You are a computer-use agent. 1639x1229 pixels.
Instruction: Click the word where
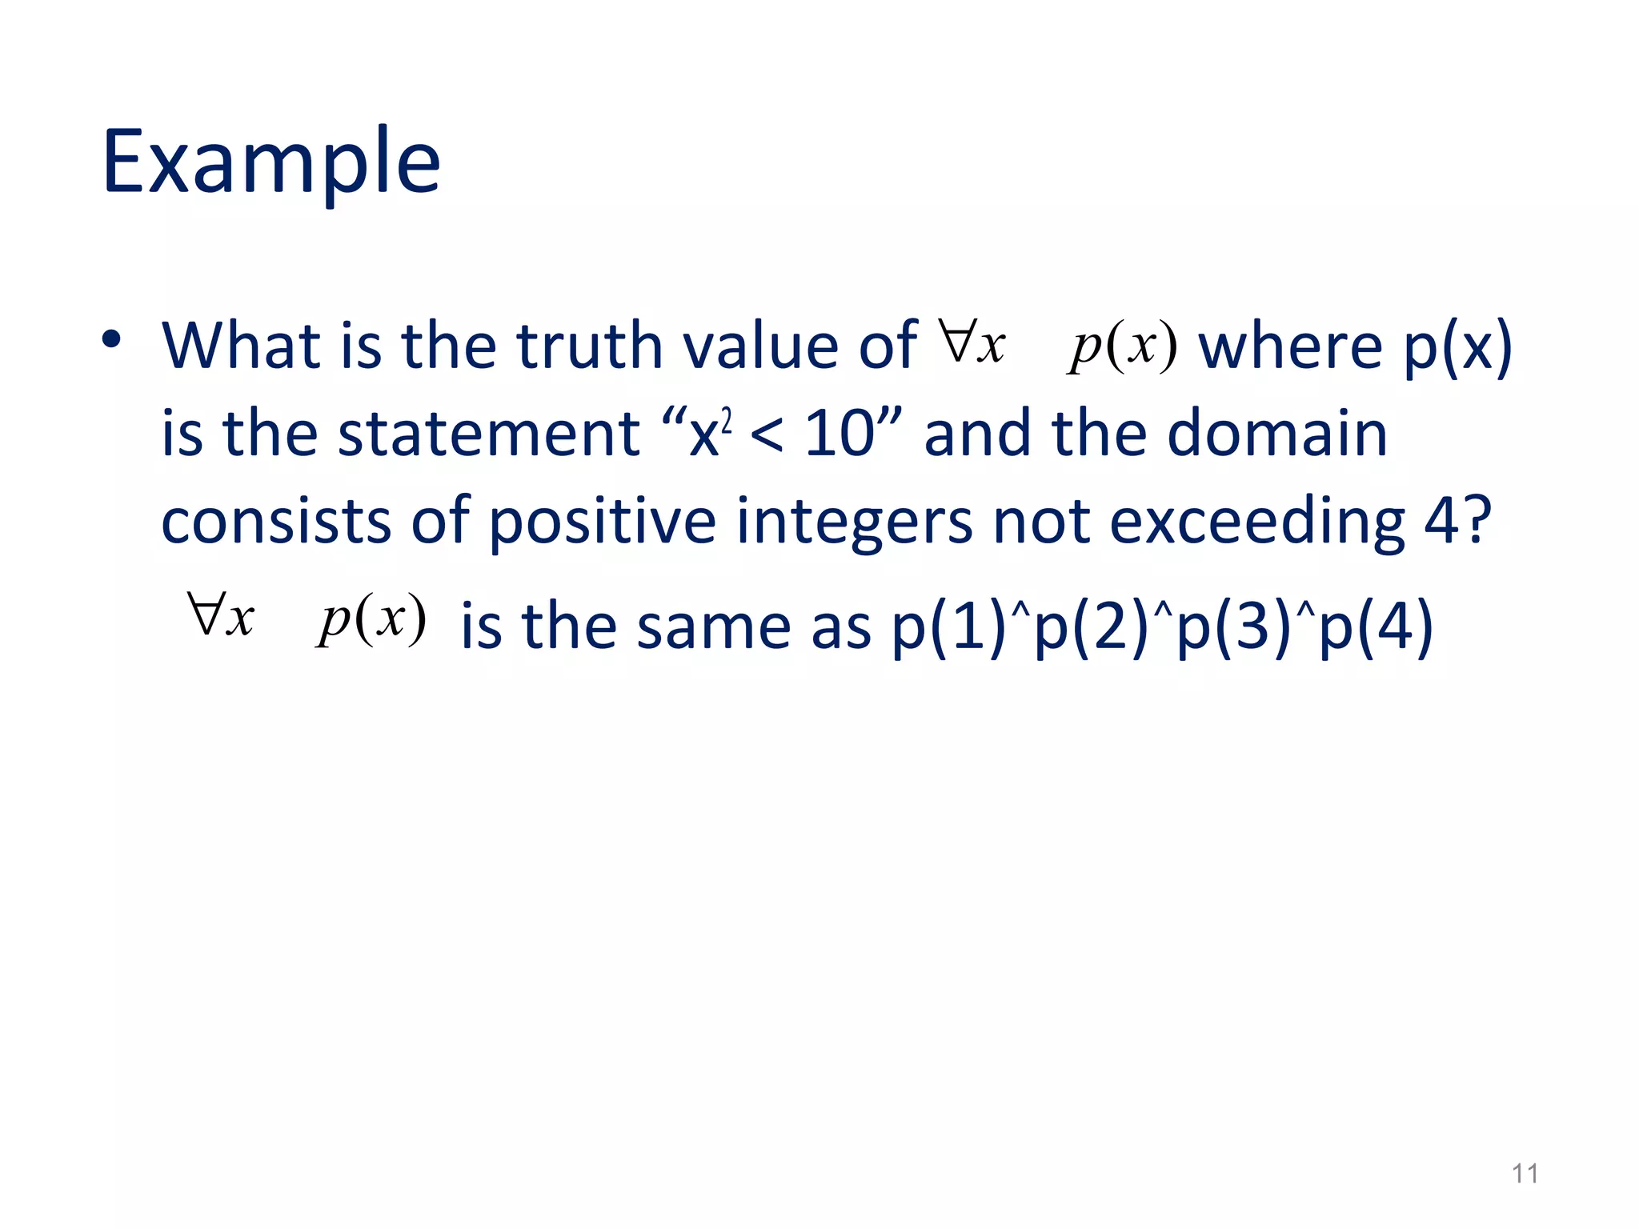(x=1290, y=347)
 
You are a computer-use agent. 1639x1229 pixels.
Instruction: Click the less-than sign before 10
(x=767, y=437)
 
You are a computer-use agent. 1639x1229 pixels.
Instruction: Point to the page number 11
(x=1525, y=1174)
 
